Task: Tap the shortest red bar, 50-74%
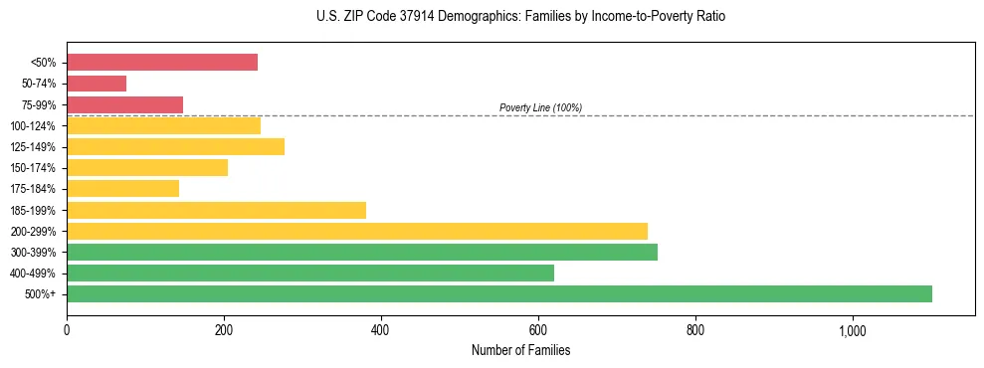(x=97, y=84)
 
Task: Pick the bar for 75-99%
(x=124, y=104)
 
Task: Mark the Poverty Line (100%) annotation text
(x=540, y=107)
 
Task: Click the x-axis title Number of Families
(x=520, y=350)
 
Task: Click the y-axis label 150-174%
(x=33, y=168)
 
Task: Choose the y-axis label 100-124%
(x=33, y=126)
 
